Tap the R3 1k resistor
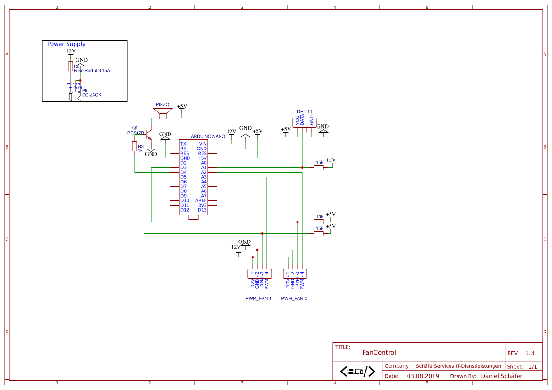[135, 147]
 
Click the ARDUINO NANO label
[208, 136]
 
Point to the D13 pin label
[202, 210]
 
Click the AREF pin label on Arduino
[201, 200]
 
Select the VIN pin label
[203, 144]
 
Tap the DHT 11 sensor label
[305, 112]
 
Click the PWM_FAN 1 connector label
[258, 299]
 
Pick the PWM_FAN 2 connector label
[294, 299]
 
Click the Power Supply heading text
[66, 44]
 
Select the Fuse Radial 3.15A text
[92, 71]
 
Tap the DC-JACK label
[92, 95]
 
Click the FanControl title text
[379, 352]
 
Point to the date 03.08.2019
[423, 376]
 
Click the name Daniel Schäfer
[501, 376]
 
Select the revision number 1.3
[530, 353]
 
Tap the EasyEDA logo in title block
[357, 371]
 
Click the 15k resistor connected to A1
[319, 167]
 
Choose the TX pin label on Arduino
[183, 144]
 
